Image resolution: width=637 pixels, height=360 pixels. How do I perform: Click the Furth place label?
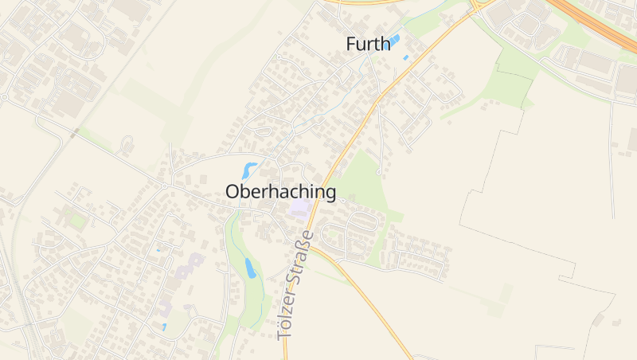(369, 44)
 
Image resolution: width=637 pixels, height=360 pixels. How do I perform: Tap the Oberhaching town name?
(280, 192)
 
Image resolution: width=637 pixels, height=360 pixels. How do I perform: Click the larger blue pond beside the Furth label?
(393, 41)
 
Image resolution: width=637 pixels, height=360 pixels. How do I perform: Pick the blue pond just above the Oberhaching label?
(249, 170)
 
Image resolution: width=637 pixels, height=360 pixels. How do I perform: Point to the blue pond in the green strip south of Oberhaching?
(249, 268)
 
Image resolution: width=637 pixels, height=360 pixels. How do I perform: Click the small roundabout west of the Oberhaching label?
(165, 186)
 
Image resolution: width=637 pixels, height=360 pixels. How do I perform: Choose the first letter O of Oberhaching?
(233, 192)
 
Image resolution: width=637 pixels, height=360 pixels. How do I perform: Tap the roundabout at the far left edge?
(3, 97)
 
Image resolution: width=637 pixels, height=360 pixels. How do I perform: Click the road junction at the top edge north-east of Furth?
(475, 6)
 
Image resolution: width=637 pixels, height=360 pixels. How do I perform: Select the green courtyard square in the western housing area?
(77, 220)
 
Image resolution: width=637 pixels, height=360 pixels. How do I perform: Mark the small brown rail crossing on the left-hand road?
(73, 135)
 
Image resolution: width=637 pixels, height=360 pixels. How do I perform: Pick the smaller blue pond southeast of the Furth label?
(405, 57)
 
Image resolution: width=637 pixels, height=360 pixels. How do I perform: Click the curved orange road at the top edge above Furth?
(366, 3)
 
